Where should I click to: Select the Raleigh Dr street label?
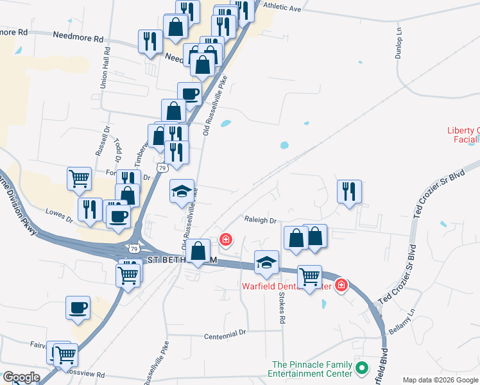pyautogui.click(x=260, y=220)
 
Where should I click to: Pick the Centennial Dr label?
pyautogui.click(x=225, y=334)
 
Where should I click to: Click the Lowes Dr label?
pyautogui.click(x=60, y=214)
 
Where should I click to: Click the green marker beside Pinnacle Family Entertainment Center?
pyautogui.click(x=362, y=369)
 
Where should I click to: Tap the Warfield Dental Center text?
pyautogui.click(x=286, y=286)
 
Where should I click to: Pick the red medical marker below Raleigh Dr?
pyautogui.click(x=225, y=240)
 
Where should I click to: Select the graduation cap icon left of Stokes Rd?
pyautogui.click(x=266, y=262)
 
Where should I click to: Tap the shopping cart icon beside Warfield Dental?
pyautogui.click(x=310, y=277)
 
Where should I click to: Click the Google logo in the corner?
pyautogui.click(x=21, y=377)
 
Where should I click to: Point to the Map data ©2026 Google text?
pyautogui.click(x=440, y=380)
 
